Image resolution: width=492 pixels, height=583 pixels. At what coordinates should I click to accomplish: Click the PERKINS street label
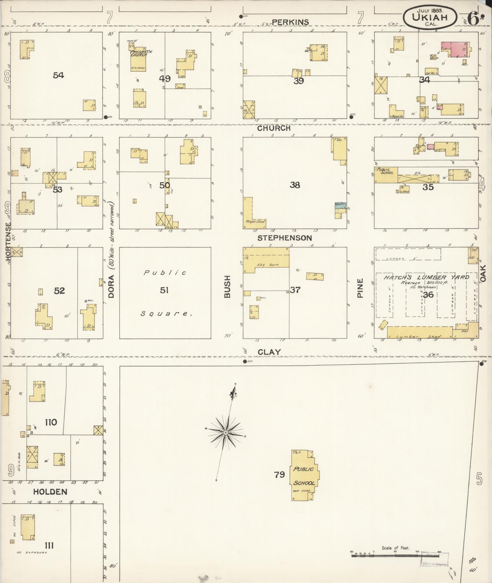(290, 22)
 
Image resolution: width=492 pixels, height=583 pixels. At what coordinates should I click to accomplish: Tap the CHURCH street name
(274, 128)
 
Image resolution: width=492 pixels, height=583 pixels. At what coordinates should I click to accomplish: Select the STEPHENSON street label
(285, 238)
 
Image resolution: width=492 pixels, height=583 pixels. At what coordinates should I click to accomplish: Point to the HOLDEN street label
(50, 492)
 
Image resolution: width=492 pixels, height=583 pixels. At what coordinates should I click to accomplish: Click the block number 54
(58, 75)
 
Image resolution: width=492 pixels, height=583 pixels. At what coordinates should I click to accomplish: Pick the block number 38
(295, 185)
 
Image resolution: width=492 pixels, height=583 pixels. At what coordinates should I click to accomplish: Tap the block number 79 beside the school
(279, 475)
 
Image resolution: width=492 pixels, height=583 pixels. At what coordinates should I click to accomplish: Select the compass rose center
(225, 433)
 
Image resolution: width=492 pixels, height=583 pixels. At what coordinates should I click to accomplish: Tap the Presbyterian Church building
(138, 58)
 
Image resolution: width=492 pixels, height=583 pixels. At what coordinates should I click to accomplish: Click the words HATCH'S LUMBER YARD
(426, 277)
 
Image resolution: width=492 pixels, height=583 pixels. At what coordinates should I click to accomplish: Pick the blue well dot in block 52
(86, 301)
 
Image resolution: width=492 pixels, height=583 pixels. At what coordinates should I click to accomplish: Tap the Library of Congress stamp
(434, 563)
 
